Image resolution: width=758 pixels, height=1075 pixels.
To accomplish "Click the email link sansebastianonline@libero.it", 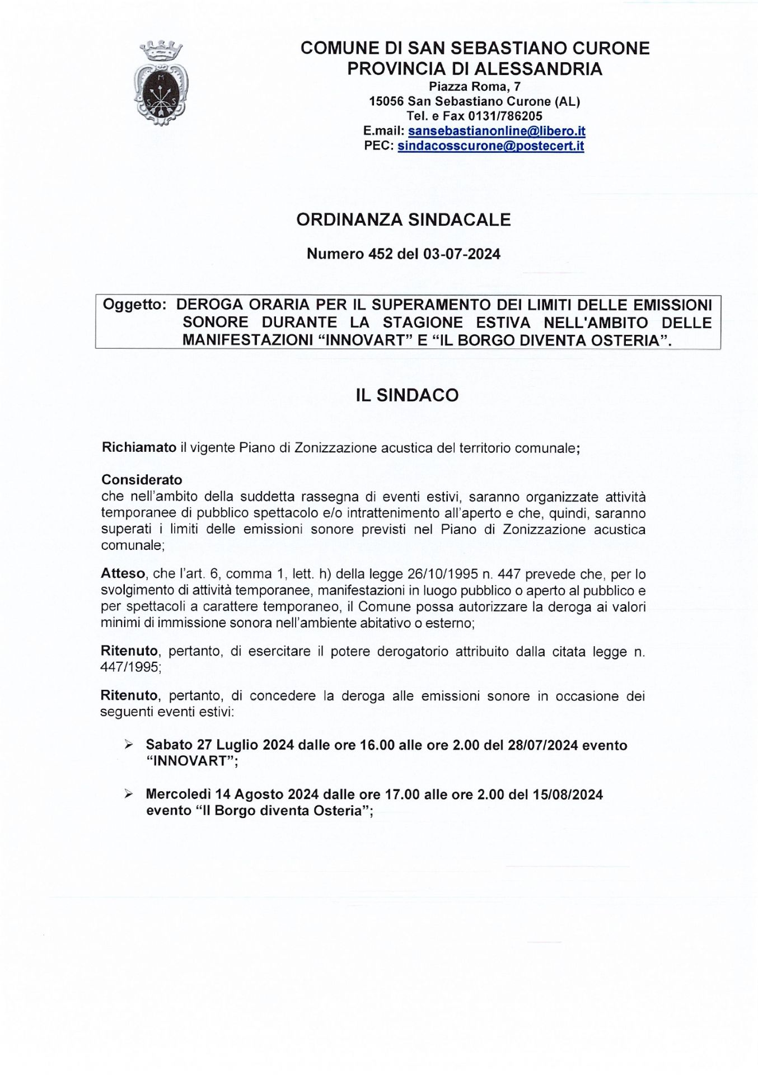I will coord(497,132).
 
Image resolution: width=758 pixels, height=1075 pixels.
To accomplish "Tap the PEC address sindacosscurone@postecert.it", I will coord(490,147).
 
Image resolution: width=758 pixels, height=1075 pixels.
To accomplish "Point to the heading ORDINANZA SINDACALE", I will coord(403,220).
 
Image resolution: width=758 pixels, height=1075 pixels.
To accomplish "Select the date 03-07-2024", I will coord(461,254).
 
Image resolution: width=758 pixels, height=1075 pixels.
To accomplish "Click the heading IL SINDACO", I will coord(407,395).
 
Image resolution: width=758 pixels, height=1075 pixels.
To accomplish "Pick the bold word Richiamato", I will coord(139,448).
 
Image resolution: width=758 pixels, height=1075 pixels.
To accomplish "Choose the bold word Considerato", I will coord(142,480).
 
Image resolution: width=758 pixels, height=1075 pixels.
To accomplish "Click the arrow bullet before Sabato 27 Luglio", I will coord(129,745).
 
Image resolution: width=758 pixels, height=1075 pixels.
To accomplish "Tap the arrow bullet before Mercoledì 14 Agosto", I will coord(129,794).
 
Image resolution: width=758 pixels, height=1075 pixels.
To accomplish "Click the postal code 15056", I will coord(386,102).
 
